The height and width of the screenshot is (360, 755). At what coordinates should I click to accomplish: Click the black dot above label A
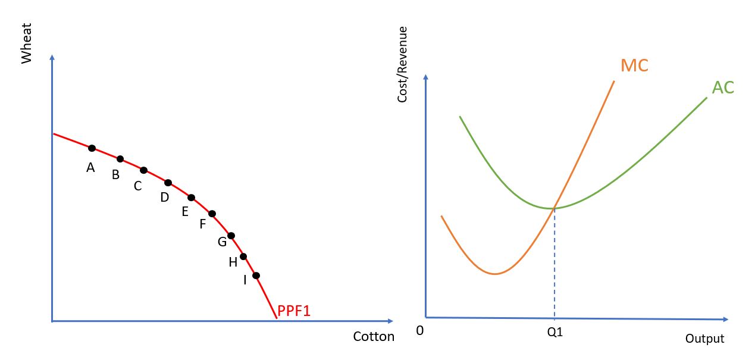92,148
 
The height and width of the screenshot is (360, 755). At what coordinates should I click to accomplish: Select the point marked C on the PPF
143,170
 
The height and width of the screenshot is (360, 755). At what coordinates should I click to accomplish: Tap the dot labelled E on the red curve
191,198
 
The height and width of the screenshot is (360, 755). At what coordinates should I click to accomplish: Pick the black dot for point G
231,236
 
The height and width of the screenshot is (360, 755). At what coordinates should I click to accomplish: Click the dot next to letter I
256,276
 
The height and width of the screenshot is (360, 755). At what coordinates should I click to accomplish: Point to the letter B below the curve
115,175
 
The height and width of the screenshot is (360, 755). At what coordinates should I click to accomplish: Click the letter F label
202,224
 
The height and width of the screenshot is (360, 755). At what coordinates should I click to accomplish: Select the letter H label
233,262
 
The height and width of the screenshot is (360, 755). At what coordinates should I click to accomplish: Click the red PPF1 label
294,311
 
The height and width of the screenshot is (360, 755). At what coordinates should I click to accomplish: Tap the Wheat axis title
26,43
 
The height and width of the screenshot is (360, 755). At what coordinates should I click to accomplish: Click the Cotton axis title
374,337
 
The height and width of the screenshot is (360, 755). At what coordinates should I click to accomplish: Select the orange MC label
634,65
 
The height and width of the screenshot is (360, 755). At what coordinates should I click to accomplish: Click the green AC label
723,87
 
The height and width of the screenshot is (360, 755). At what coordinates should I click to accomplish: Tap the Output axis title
704,339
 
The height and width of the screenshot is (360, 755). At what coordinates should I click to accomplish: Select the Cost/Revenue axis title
403,64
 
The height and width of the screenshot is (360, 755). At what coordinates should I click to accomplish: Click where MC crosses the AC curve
554,208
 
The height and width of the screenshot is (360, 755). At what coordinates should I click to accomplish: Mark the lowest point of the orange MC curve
494,274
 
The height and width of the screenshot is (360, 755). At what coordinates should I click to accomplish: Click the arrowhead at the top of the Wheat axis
52,57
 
